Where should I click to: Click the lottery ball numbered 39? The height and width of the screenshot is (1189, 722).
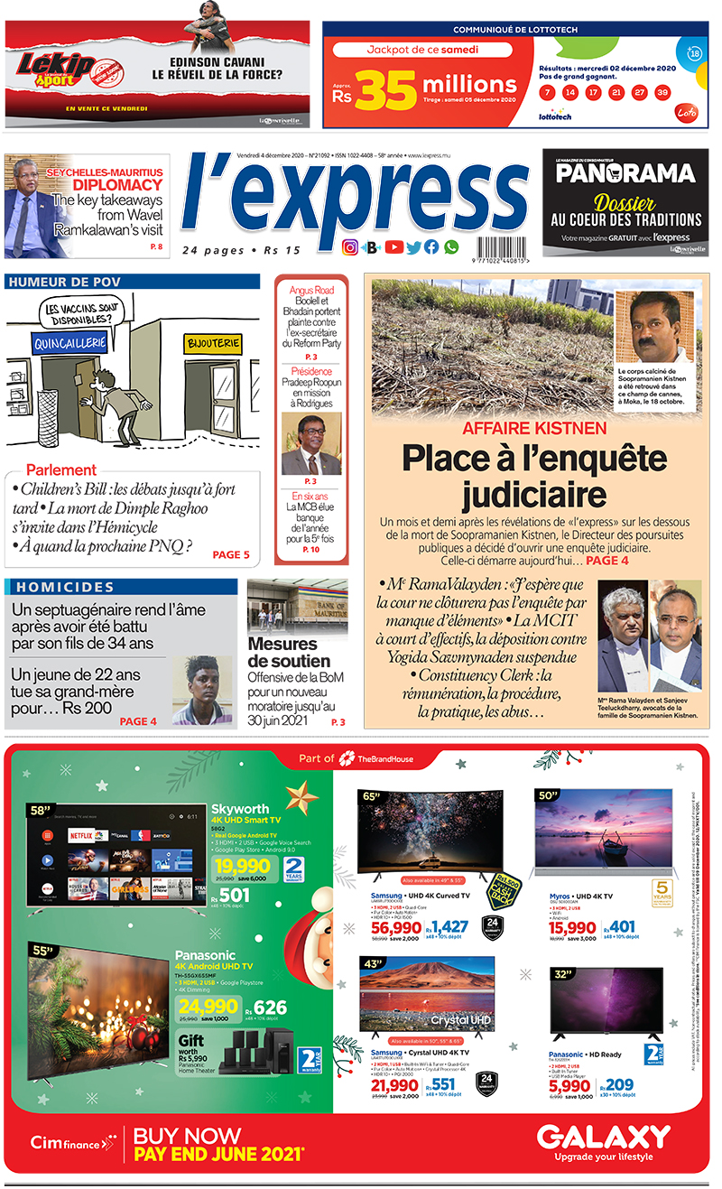662,92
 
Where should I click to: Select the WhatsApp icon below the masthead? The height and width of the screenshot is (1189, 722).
451,246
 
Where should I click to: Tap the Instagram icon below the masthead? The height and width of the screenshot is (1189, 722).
350,246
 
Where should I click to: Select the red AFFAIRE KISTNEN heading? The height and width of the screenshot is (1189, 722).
535,429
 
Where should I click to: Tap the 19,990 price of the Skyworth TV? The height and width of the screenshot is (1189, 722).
237,866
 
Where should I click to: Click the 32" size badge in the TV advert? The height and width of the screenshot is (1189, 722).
562,973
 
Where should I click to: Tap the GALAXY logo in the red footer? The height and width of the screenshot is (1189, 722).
604,1137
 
